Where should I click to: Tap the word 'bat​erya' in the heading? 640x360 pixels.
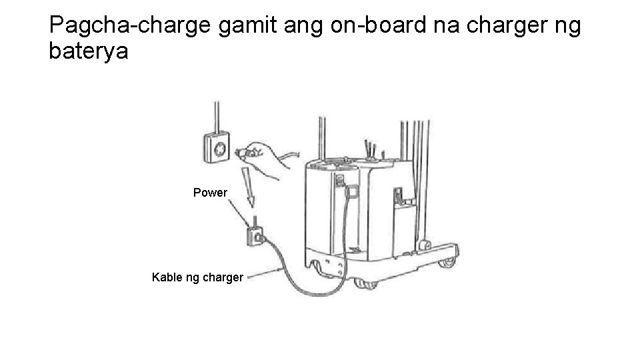point(88,51)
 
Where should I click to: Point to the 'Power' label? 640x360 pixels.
point(210,193)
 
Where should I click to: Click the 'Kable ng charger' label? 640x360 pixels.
point(197,277)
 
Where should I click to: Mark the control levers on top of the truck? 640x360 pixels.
point(371,150)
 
